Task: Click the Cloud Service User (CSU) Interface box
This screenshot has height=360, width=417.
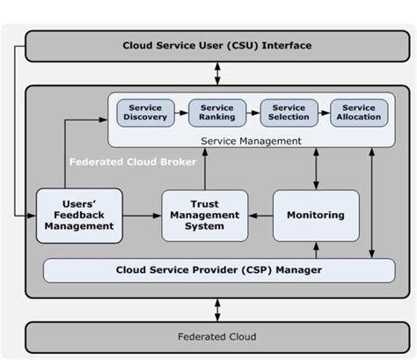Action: tap(216, 46)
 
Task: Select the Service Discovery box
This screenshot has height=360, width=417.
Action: tap(145, 113)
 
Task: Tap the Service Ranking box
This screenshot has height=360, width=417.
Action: tap(216, 113)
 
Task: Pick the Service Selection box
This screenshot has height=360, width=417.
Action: tap(289, 113)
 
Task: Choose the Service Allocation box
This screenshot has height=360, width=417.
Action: tap(359, 113)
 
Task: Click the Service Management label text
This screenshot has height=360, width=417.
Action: tap(251, 140)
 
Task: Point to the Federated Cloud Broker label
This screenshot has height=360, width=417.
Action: tap(119, 162)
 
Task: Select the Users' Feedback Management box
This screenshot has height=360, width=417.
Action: tap(80, 215)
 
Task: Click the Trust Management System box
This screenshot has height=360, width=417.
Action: tap(204, 215)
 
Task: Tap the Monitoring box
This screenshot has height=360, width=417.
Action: tap(316, 215)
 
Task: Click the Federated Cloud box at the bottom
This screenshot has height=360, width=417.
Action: tap(216, 336)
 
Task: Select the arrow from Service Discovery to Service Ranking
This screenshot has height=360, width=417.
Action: tap(180, 113)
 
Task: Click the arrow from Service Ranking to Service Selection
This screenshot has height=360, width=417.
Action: tap(252, 113)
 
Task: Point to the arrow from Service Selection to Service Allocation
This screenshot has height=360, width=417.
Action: tap(324, 113)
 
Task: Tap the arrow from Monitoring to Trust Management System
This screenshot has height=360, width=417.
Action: tap(260, 215)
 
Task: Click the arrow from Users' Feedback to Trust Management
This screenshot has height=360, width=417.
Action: tap(143, 215)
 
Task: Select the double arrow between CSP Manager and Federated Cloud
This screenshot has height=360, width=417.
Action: tap(216, 308)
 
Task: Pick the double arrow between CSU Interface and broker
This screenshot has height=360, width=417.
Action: tap(216, 74)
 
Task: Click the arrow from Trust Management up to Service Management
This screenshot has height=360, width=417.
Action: tap(204, 167)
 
